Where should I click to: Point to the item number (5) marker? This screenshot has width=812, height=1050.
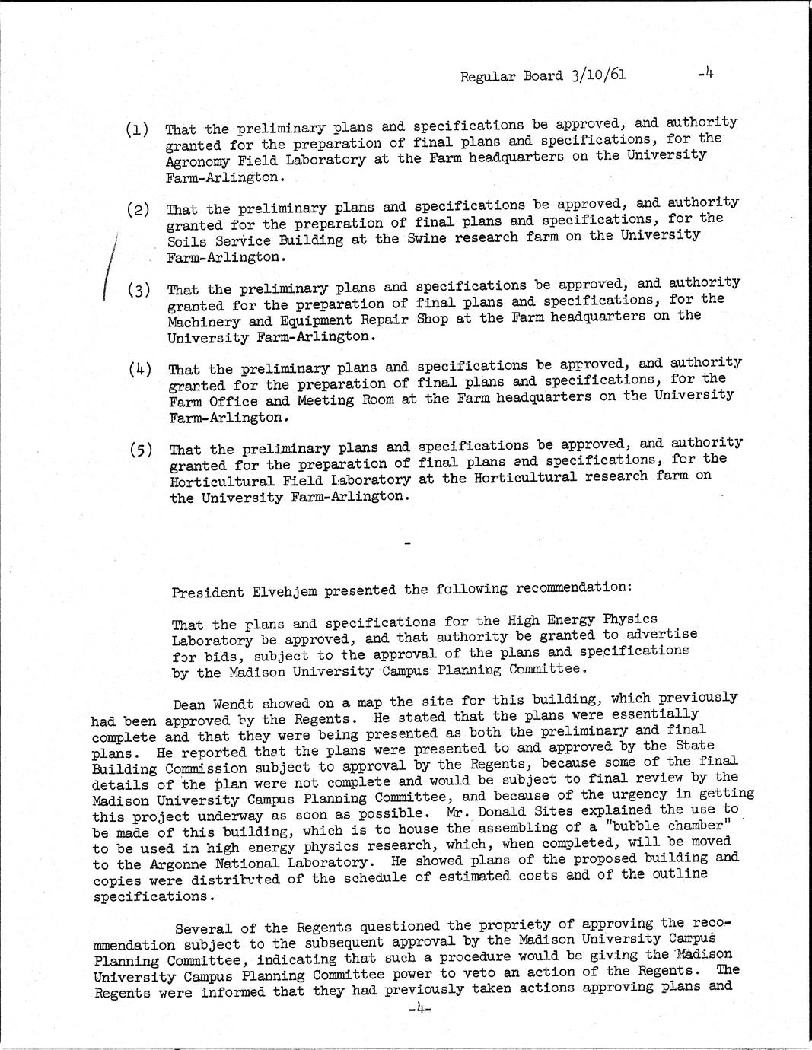click(x=141, y=449)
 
